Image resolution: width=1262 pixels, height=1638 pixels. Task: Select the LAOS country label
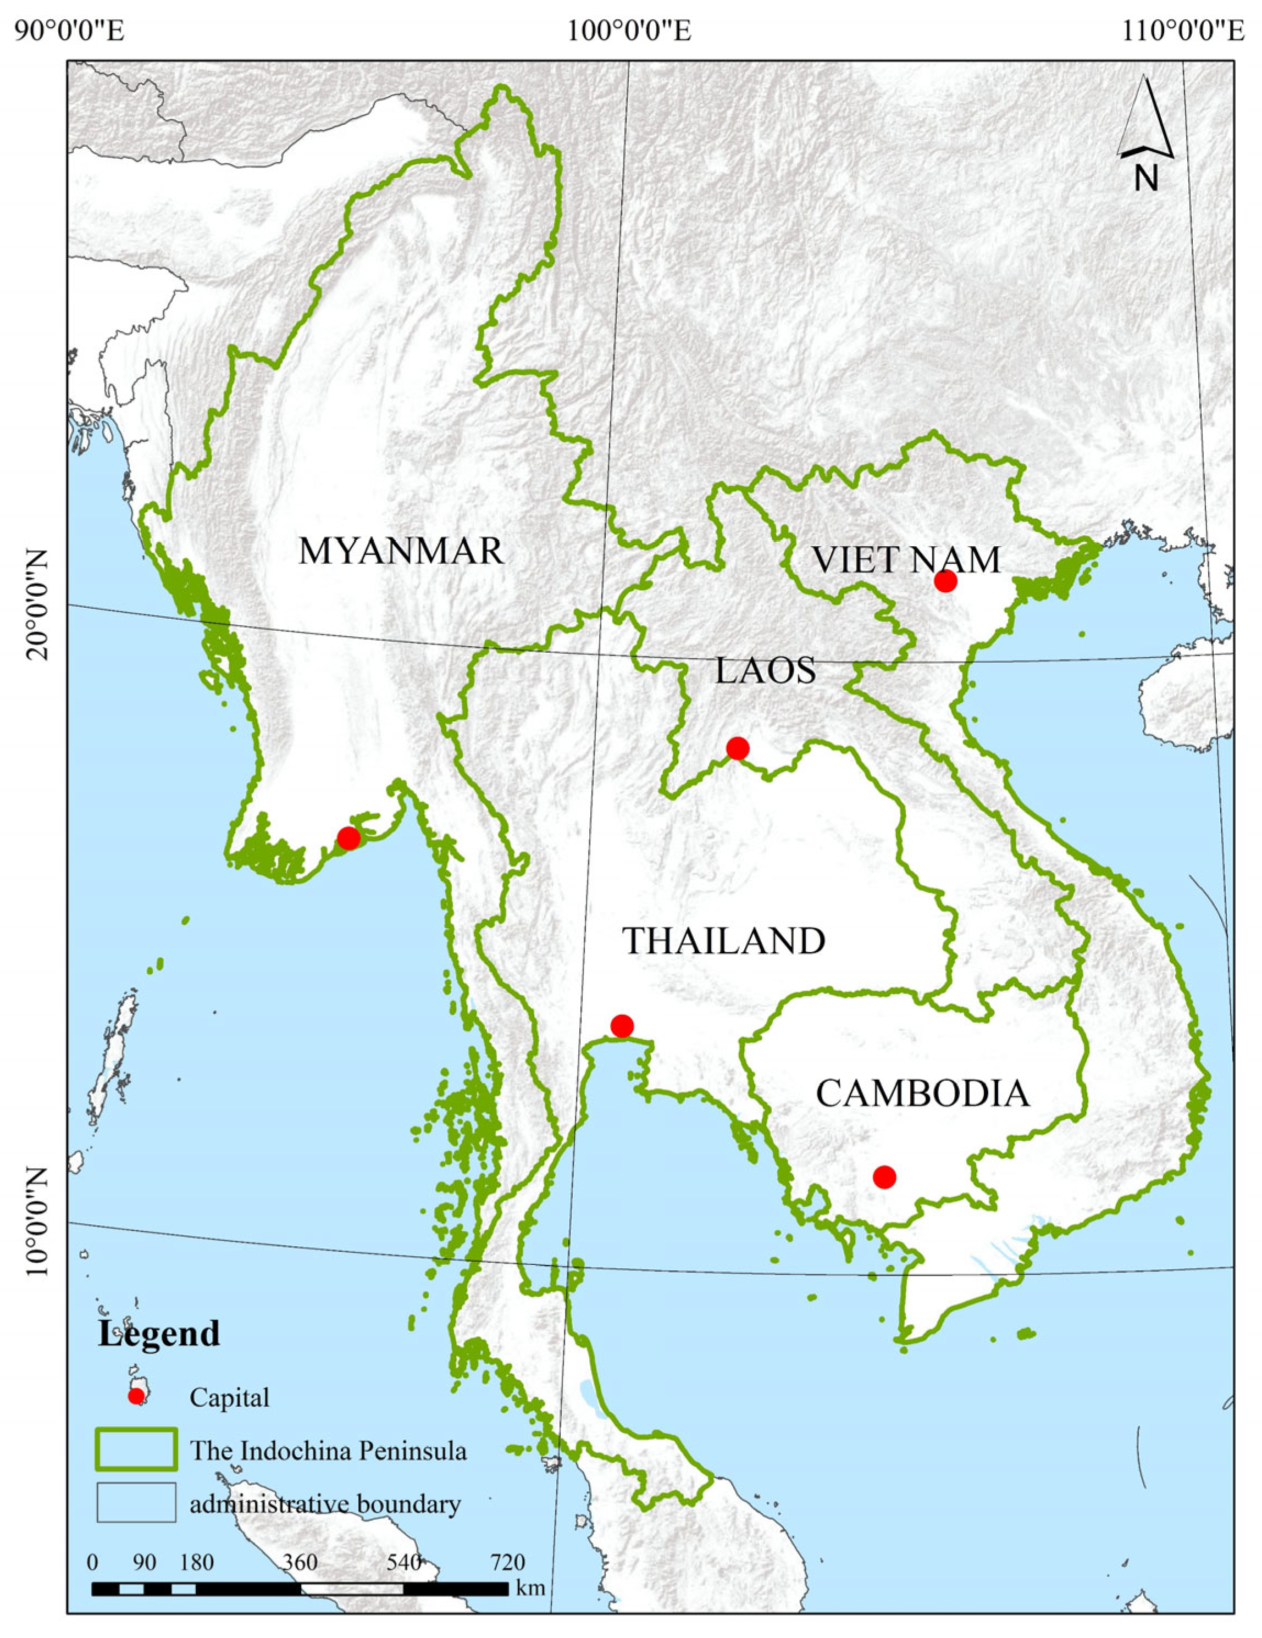pyautogui.click(x=765, y=670)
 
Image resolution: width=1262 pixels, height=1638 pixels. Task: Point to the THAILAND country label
pyautogui.click(x=724, y=941)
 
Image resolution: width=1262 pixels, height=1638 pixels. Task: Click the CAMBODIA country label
pyautogui.click(x=922, y=1094)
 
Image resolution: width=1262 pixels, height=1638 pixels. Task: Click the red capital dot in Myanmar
pyautogui.click(x=348, y=838)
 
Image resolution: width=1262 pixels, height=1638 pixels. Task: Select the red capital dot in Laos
pyautogui.click(x=738, y=748)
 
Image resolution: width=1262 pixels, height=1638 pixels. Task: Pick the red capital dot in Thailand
pyautogui.click(x=621, y=1026)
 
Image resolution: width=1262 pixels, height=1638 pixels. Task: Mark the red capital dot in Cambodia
pyautogui.click(x=884, y=1178)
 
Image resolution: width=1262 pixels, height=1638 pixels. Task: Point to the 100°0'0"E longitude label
pyautogui.click(x=629, y=31)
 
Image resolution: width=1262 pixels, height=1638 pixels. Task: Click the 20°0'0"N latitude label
pyautogui.click(x=37, y=604)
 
